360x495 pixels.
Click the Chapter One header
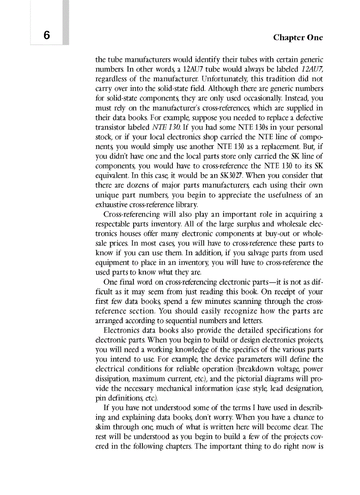click(298, 37)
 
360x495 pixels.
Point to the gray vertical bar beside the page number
click(66, 22)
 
